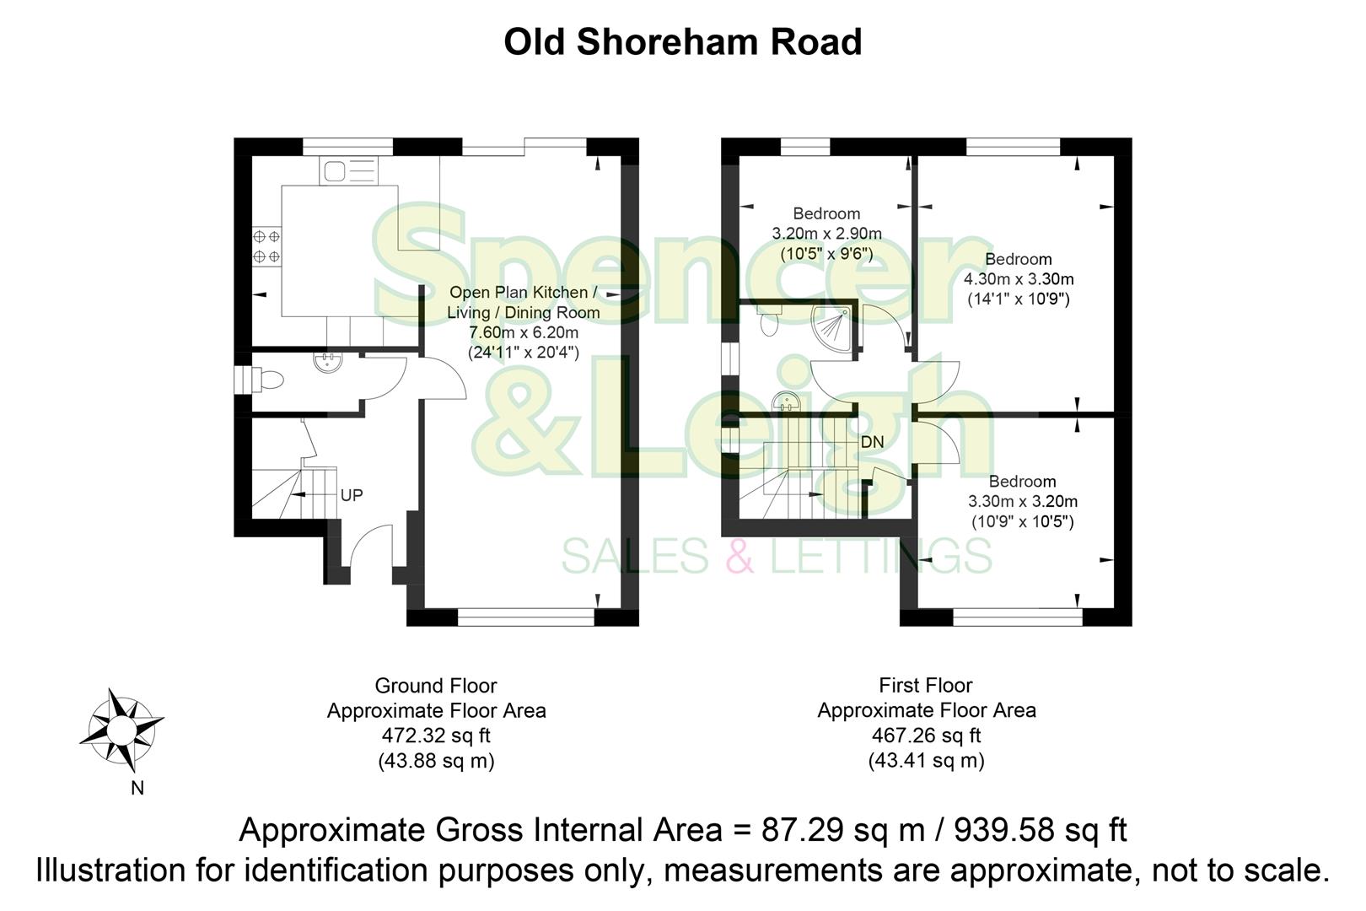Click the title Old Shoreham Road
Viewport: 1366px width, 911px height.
tap(682, 42)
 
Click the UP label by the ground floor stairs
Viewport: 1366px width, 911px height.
tap(352, 495)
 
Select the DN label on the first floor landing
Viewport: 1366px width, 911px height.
tap(872, 442)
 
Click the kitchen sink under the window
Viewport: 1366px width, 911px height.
tap(348, 172)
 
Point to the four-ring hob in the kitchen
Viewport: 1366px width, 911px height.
tap(266, 245)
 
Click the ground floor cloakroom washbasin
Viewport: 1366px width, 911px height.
tap(327, 363)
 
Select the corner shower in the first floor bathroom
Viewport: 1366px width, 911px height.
tap(833, 325)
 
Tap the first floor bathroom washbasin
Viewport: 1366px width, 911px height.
tap(785, 401)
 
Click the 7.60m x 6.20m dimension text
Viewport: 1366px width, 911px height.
tap(523, 332)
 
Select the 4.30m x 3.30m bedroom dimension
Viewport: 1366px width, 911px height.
tap(1019, 279)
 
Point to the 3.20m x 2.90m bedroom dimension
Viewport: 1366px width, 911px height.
tap(826, 234)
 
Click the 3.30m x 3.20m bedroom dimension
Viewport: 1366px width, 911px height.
tap(1022, 502)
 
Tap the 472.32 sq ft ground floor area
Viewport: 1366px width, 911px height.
tap(436, 736)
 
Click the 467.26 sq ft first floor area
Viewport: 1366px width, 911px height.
tap(926, 736)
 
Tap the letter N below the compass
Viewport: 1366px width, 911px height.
tap(137, 790)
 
